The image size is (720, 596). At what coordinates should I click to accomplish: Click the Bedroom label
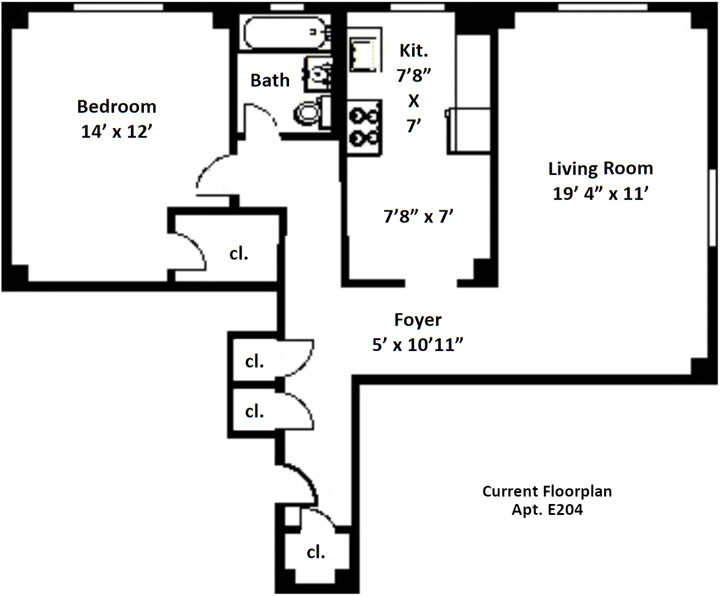(116, 107)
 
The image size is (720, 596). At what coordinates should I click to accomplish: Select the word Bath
(270, 80)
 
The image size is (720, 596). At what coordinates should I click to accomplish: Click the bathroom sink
(319, 74)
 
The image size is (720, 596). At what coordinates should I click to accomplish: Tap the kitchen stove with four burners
(364, 127)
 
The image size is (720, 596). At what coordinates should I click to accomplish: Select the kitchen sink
(364, 49)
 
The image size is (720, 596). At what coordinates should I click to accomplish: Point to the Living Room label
(601, 169)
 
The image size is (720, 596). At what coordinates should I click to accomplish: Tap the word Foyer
(418, 320)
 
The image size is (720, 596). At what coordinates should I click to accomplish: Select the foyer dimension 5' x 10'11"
(419, 345)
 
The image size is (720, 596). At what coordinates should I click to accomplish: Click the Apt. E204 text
(547, 510)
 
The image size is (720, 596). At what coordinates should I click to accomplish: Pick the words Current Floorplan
(547, 491)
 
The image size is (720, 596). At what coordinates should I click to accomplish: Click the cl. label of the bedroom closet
(239, 253)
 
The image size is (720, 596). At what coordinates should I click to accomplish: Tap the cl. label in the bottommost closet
(315, 553)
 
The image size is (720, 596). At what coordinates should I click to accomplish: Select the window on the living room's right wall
(711, 207)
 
